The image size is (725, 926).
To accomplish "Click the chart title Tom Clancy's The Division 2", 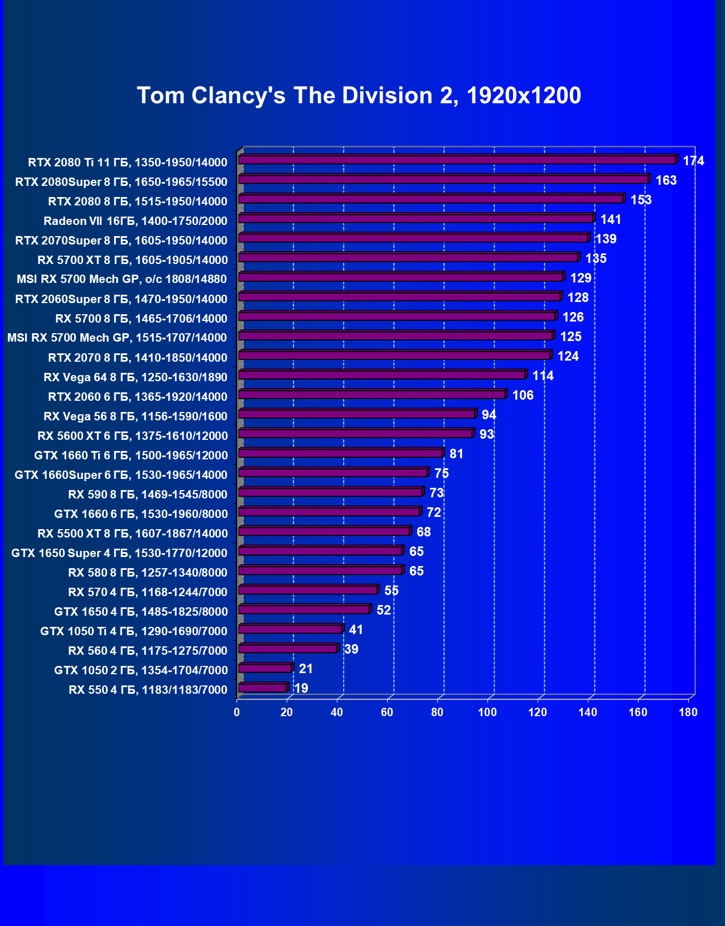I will click(x=359, y=95).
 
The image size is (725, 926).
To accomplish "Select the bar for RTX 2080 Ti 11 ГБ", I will click(x=457, y=160).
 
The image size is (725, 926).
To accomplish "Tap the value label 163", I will click(x=666, y=180).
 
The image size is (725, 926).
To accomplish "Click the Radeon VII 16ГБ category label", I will click(x=136, y=221).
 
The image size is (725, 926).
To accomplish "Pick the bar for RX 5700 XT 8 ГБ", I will click(x=408, y=258).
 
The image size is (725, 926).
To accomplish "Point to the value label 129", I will click(x=581, y=278).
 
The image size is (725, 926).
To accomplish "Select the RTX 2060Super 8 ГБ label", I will click(x=122, y=299).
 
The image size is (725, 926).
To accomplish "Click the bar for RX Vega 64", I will click(x=382, y=375).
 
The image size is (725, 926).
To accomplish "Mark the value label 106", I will click(x=523, y=395).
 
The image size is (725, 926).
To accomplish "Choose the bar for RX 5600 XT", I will click(x=356, y=434).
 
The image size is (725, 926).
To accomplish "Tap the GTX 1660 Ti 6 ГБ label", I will click(x=131, y=455).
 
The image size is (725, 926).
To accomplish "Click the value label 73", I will click(x=436, y=493).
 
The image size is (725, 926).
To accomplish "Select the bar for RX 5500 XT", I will click(x=325, y=531).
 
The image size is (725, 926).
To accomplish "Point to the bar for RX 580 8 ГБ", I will click(x=321, y=570).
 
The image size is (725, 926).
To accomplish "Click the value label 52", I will click(x=384, y=610).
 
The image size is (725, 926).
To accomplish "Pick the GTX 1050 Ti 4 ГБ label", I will click(x=134, y=631).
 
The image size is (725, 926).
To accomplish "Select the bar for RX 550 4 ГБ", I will click(x=263, y=688).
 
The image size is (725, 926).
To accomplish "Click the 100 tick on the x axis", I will click(x=487, y=712).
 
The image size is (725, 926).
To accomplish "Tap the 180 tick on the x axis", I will click(x=688, y=712).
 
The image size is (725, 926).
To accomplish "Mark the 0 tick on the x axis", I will click(x=237, y=712).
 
